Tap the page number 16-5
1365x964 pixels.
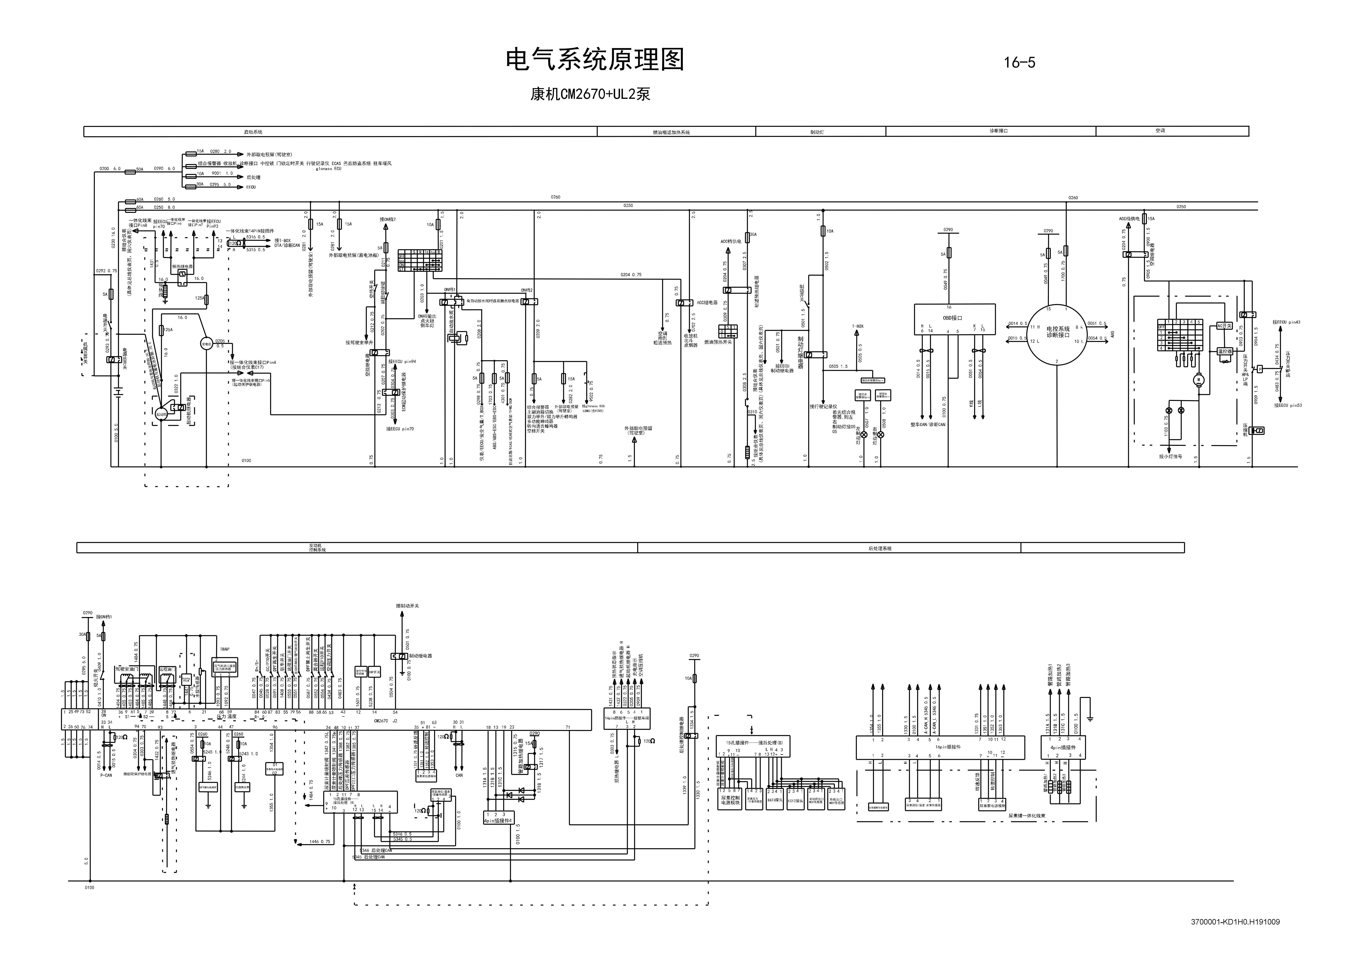tap(1019, 62)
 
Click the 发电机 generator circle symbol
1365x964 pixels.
tap(206, 344)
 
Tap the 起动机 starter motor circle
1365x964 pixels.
tap(161, 414)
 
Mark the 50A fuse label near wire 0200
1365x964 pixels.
tap(140, 169)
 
